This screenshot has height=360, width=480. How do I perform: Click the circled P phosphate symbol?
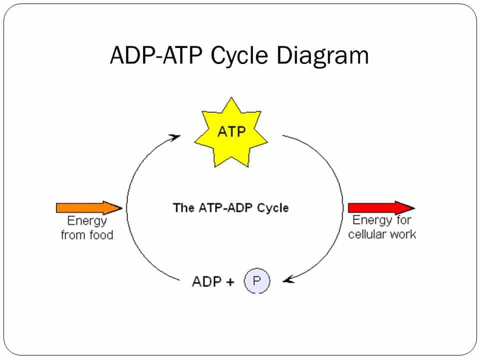[256, 281]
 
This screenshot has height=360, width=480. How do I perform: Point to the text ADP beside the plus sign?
[206, 281]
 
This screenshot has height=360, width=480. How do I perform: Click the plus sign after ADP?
[230, 281]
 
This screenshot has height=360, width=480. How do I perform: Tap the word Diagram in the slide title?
[323, 55]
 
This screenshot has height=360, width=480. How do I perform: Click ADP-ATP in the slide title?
[157, 55]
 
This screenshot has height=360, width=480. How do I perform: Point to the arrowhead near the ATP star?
[174, 136]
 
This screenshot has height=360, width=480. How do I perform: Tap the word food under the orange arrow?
[101, 234]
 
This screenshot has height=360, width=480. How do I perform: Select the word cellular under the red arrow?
[367, 234]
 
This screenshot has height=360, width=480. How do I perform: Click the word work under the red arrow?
[402, 234]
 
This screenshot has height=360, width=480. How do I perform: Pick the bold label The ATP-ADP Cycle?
[230, 207]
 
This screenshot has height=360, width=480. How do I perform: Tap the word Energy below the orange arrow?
[87, 221]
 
